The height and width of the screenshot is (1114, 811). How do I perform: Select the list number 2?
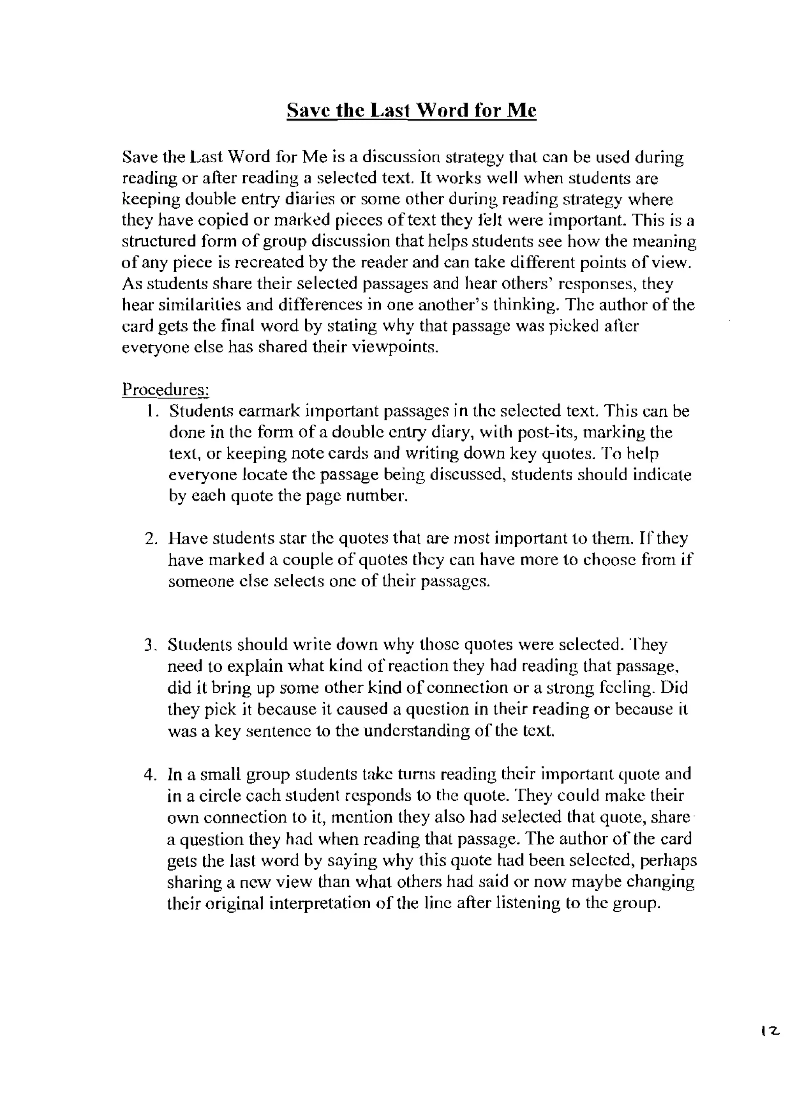151,539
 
